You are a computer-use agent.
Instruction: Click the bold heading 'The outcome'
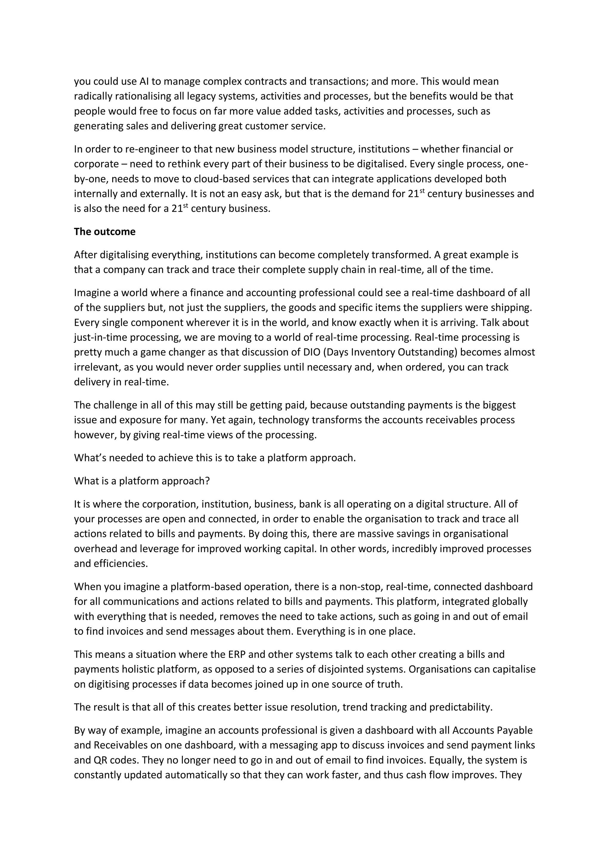pos(104,231)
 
